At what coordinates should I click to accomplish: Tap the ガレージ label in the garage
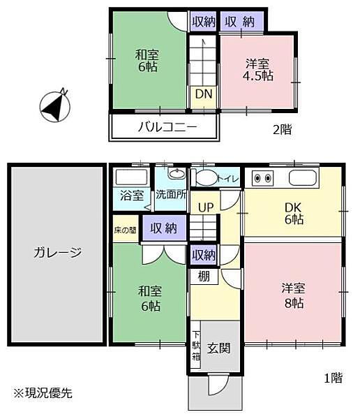[x=57, y=253]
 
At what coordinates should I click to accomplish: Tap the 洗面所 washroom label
[x=171, y=195]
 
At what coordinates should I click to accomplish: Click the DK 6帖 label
[x=292, y=212]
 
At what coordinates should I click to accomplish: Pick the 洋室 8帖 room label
[x=292, y=295]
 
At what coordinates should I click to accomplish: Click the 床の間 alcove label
[x=126, y=229]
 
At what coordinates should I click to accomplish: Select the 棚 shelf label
[x=203, y=277]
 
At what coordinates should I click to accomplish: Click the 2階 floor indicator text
[x=282, y=128]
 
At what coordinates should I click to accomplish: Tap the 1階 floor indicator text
[x=333, y=378]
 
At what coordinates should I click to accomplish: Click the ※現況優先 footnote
[x=41, y=393]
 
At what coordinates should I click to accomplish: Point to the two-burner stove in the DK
[x=263, y=177]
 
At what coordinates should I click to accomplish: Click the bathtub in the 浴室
[x=131, y=177]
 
